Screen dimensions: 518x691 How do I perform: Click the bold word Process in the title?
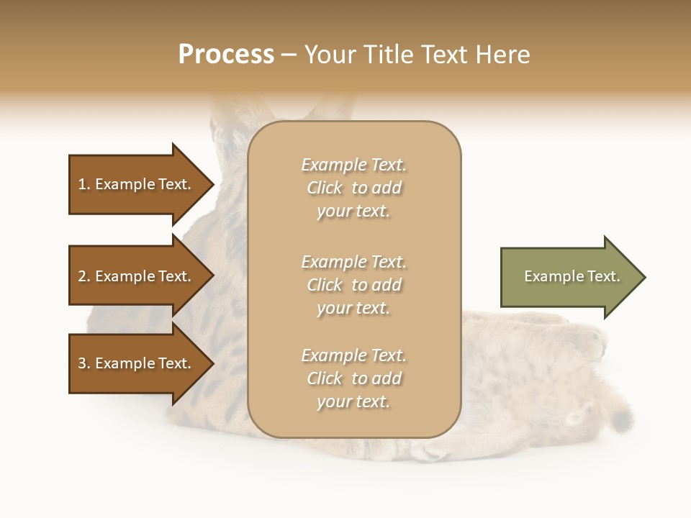226,55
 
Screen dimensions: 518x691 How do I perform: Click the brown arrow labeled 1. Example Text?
137,184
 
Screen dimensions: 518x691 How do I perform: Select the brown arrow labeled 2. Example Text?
137,276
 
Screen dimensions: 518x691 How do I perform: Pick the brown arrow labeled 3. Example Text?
137,363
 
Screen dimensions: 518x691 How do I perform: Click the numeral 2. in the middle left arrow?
84,276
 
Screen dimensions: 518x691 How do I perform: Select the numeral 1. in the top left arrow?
84,184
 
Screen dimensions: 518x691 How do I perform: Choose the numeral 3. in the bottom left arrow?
84,363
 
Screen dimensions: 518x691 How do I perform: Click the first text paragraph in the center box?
353,188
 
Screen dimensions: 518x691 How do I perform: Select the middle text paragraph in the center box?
353,285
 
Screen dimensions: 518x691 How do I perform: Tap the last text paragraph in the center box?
353,378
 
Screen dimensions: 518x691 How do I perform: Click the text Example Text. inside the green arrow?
572,276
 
